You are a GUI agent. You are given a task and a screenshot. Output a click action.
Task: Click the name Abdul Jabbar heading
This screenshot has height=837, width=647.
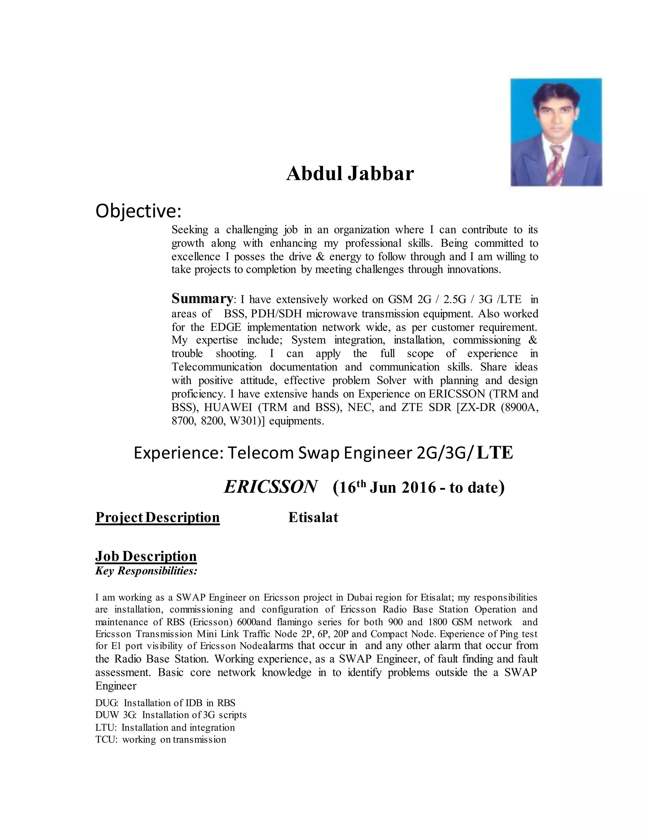click(x=350, y=174)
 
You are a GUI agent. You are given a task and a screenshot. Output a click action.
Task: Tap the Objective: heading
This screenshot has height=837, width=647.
click(x=138, y=211)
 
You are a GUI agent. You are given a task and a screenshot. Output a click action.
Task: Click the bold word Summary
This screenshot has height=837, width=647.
click(x=202, y=298)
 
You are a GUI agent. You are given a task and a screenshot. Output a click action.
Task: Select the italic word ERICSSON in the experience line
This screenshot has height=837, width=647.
click(x=271, y=487)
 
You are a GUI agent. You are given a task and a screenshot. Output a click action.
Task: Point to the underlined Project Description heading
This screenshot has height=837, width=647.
click(x=158, y=517)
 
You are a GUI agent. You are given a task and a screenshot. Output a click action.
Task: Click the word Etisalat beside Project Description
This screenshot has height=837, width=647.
click(x=313, y=517)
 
